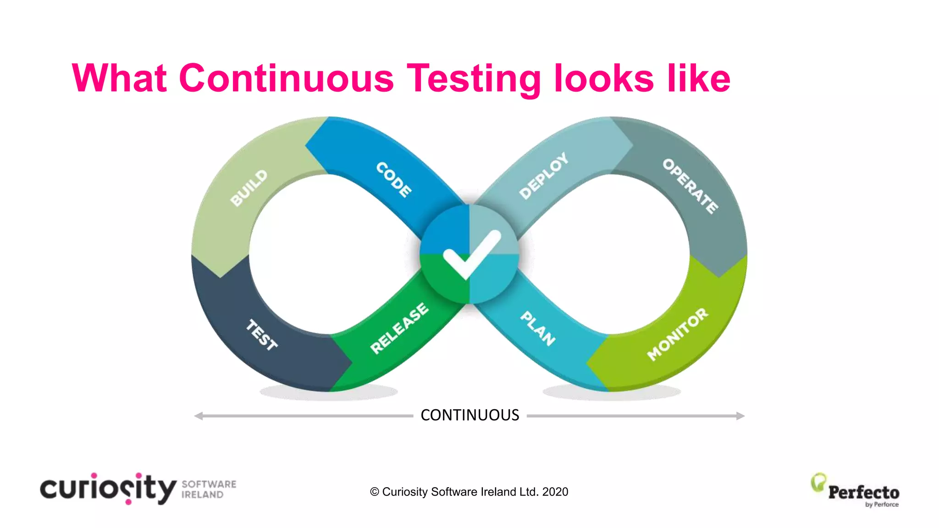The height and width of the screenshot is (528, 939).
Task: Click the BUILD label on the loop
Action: pyautogui.click(x=249, y=188)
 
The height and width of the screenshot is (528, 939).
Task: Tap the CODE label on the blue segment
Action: pyautogui.click(x=394, y=180)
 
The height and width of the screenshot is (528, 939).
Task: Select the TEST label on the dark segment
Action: pyautogui.click(x=262, y=335)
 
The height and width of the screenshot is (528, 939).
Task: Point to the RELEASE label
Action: pyautogui.click(x=399, y=328)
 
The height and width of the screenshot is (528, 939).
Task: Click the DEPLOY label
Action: pyautogui.click(x=544, y=176)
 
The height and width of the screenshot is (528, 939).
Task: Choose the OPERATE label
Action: pyautogui.click(x=690, y=186)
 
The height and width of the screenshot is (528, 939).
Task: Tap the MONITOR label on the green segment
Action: pyautogui.click(x=678, y=334)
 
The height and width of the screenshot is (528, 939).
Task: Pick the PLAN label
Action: pyautogui.click(x=538, y=328)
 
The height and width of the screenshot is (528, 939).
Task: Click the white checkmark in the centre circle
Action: pyautogui.click(x=470, y=255)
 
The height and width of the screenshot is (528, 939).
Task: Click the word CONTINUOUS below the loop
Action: pyautogui.click(x=470, y=415)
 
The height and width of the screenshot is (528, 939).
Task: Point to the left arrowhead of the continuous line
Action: pyautogui.click(x=199, y=416)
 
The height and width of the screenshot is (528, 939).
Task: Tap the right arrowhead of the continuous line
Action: pyautogui.click(x=740, y=416)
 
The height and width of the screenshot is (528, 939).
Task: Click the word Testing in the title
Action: pyautogui.click(x=474, y=79)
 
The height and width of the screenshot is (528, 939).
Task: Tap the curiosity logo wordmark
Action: pyautogui.click(x=108, y=489)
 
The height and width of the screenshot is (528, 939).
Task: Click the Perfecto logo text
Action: pyautogui.click(x=863, y=492)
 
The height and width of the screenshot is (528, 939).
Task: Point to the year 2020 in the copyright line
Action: pyautogui.click(x=555, y=492)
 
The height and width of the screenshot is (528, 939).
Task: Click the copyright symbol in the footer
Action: pyautogui.click(x=375, y=492)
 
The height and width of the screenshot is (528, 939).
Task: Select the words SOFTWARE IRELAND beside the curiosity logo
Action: pyautogui.click(x=209, y=489)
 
